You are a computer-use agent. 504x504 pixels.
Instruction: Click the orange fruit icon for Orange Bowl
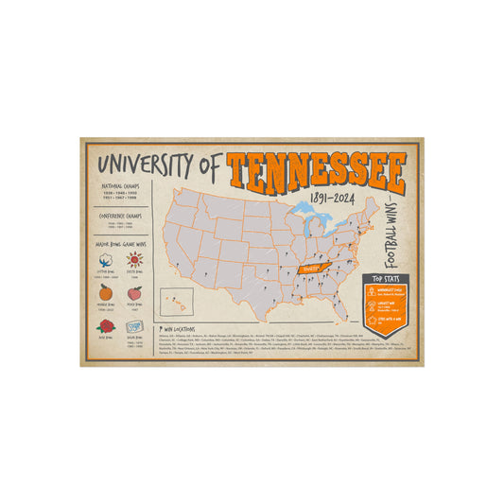pos(104,294)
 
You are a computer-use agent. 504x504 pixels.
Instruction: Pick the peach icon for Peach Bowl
pos(134,294)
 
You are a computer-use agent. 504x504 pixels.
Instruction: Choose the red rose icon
pos(104,326)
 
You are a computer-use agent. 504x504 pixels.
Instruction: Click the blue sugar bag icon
pos(134,326)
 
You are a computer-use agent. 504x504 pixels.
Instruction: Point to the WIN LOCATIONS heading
pos(177,330)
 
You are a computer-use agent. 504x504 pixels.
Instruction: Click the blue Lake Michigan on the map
pos(304,230)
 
